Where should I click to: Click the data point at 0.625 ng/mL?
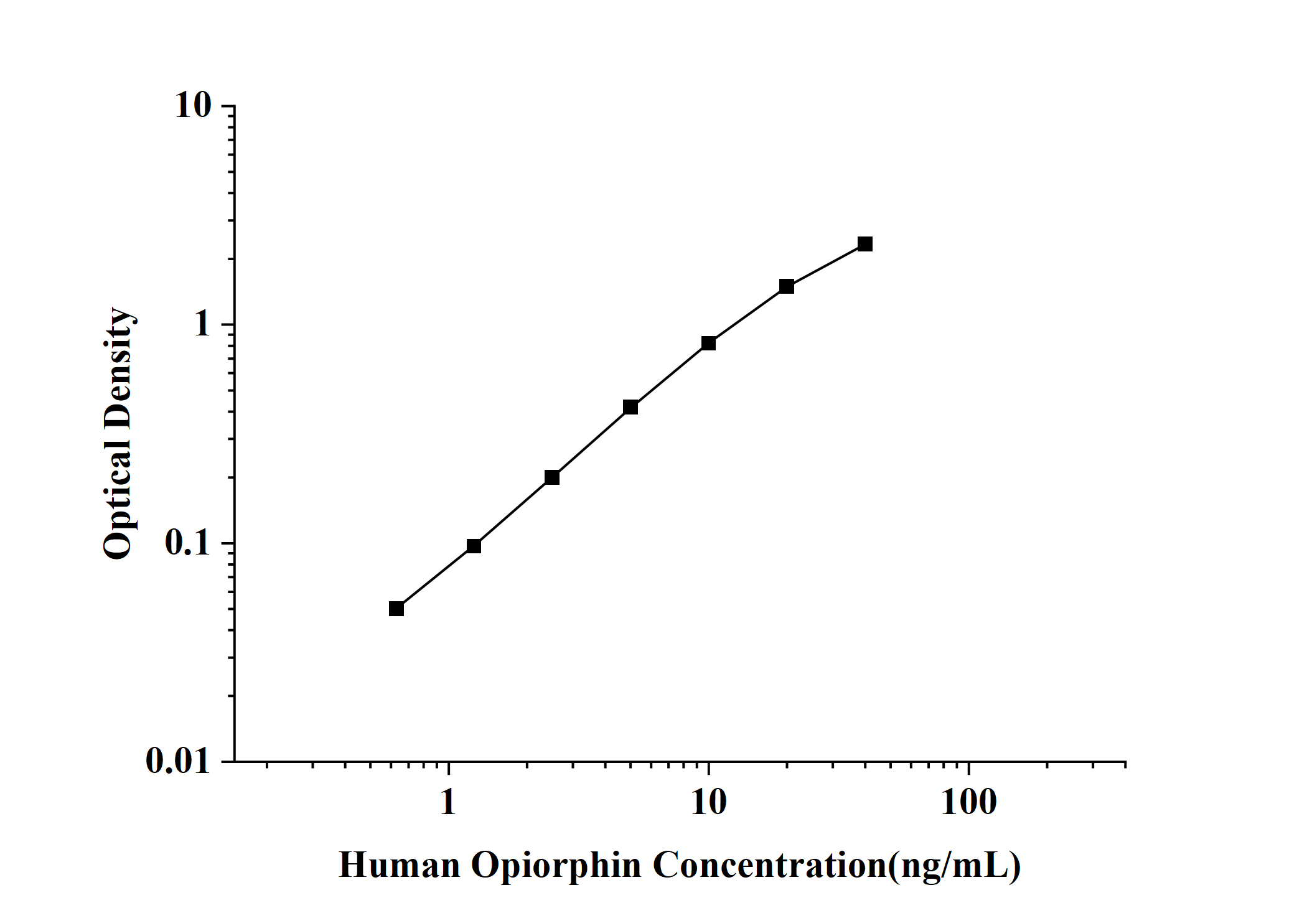[396, 609]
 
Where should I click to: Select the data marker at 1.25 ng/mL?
[474, 546]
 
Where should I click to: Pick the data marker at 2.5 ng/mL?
[552, 477]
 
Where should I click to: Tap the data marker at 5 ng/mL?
[630, 407]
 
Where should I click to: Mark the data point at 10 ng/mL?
[708, 343]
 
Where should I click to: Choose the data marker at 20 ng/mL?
[787, 286]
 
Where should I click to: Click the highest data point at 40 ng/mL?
[865, 244]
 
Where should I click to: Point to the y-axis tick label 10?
[193, 106]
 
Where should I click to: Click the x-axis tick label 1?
[448, 802]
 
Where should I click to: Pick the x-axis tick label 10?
[708, 802]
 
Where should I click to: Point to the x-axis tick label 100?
[968, 802]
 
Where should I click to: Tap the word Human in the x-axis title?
[399, 865]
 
